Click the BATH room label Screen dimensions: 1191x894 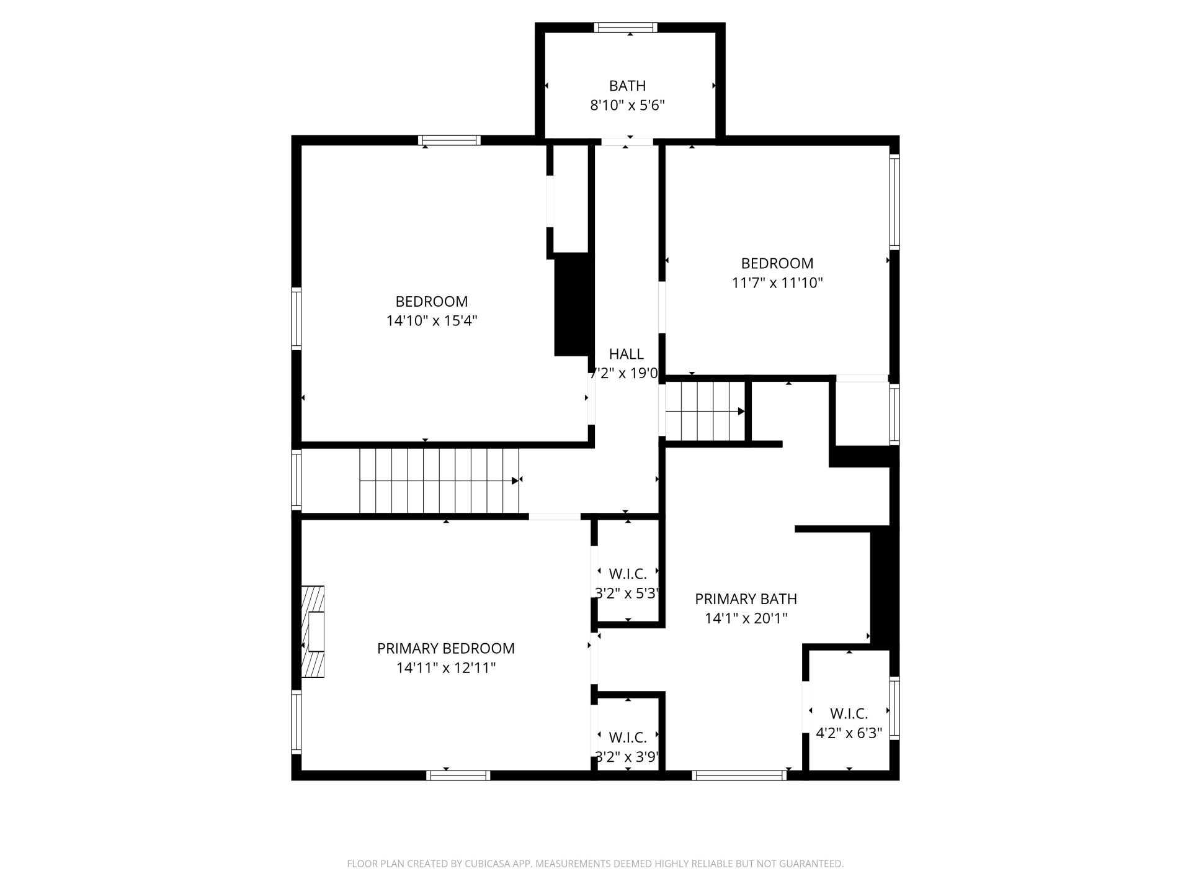click(627, 86)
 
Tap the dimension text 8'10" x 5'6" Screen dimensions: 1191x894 click(627, 106)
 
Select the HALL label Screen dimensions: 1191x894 click(626, 354)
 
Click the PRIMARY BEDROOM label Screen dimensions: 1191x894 click(446, 648)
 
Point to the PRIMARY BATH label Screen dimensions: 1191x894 click(746, 599)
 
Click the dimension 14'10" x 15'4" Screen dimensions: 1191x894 click(432, 321)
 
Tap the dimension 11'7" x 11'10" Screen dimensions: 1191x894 click(777, 283)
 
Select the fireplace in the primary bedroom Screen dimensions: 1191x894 click(313, 631)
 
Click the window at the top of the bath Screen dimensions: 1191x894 click(625, 27)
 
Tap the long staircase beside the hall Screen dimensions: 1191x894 click(439, 481)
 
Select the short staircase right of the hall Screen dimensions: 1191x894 click(705, 412)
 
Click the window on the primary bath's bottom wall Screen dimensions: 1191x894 click(739, 775)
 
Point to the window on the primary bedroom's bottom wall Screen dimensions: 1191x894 click(458, 775)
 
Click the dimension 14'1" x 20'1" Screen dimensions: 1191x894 click(746, 618)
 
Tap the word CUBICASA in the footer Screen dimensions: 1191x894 click(490, 864)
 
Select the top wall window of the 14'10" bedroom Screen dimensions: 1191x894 click(449, 140)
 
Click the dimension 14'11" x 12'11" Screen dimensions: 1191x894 click(446, 668)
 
